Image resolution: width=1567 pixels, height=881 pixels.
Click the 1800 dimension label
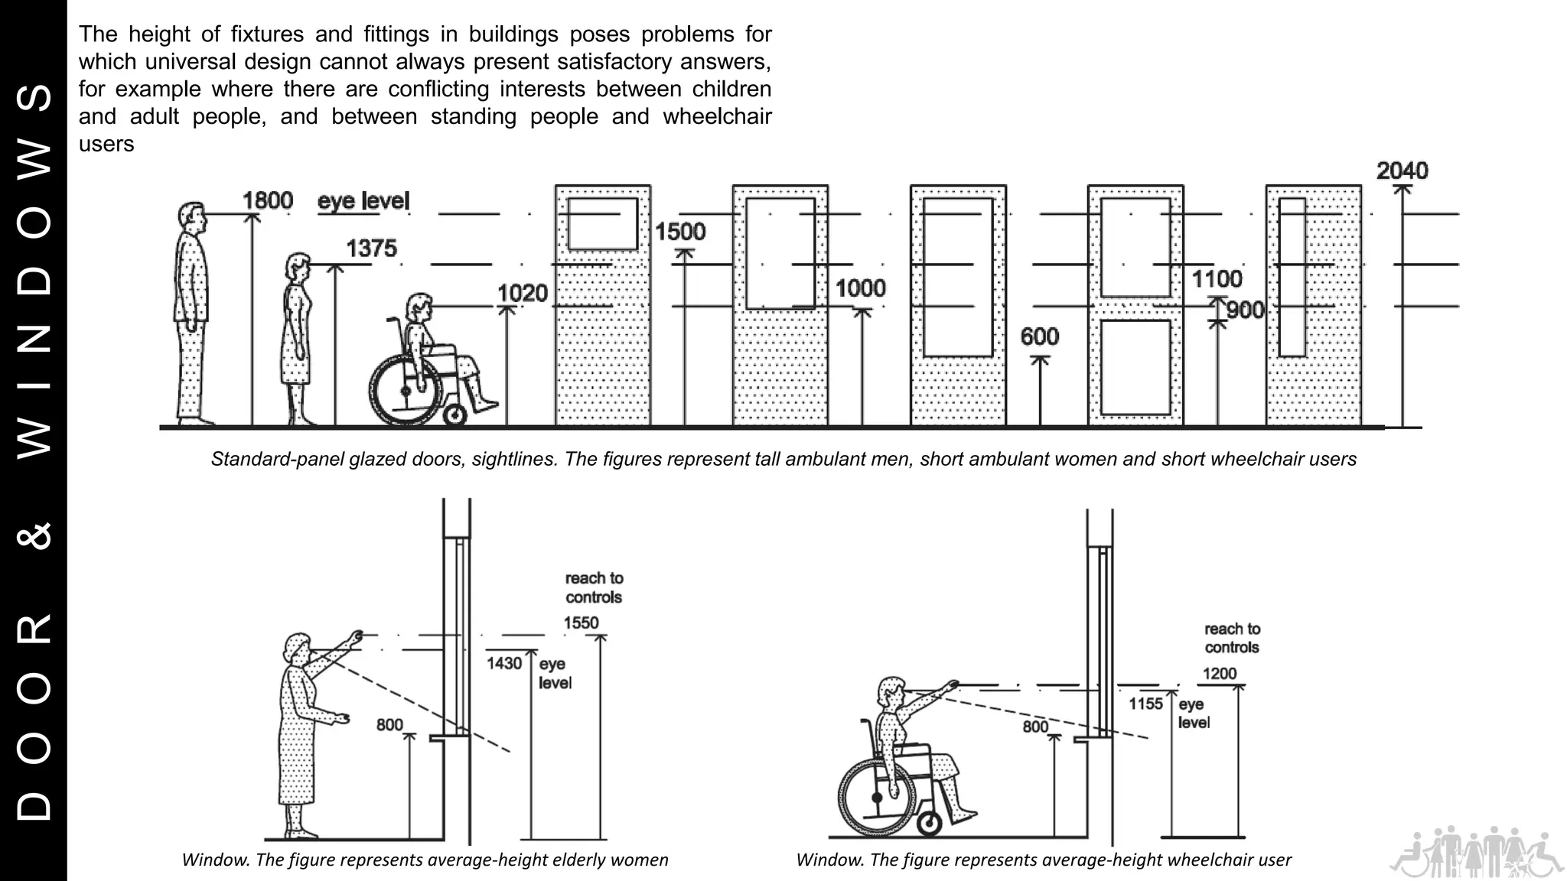(x=268, y=200)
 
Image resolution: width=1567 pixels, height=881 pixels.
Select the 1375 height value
(x=371, y=249)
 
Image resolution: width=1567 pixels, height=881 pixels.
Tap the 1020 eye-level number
(x=523, y=293)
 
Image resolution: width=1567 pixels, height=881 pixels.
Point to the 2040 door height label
(x=1402, y=171)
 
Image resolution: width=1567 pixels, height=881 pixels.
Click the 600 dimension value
(x=1039, y=336)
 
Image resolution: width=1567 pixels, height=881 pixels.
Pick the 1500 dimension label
(x=680, y=232)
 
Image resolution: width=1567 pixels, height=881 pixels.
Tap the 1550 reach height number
(x=581, y=623)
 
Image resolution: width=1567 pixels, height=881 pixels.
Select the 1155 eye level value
(x=1145, y=704)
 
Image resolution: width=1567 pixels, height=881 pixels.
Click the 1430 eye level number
(x=504, y=663)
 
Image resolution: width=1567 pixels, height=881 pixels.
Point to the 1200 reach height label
(x=1219, y=674)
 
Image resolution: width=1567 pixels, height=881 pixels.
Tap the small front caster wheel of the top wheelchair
(x=454, y=415)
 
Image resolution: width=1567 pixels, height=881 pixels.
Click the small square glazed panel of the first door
(x=602, y=224)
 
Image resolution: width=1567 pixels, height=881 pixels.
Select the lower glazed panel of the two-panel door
(x=1135, y=367)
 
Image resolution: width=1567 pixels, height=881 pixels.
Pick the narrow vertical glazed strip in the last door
(x=1292, y=277)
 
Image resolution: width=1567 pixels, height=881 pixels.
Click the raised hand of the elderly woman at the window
(x=355, y=636)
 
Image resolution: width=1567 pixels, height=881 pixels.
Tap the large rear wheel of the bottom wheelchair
(x=877, y=798)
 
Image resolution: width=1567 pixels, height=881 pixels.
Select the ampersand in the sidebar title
(x=34, y=535)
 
